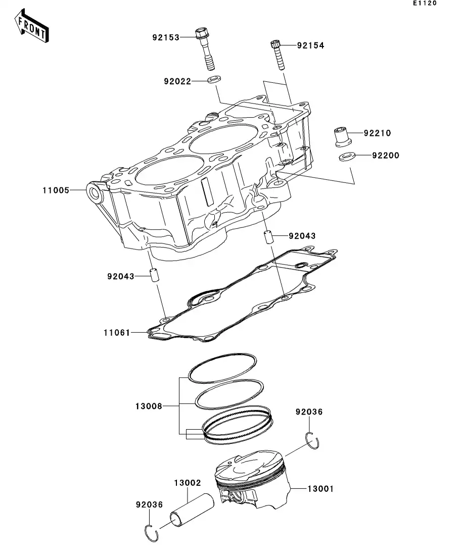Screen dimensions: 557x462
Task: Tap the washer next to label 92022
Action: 214,79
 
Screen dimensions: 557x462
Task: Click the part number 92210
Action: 377,133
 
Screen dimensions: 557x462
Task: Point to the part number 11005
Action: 56,190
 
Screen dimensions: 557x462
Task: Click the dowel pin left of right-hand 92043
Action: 268,236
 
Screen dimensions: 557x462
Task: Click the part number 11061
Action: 117,333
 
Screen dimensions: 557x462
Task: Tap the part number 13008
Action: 149,406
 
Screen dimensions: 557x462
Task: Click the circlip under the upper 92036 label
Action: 313,440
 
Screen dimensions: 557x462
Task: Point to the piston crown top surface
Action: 253,463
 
